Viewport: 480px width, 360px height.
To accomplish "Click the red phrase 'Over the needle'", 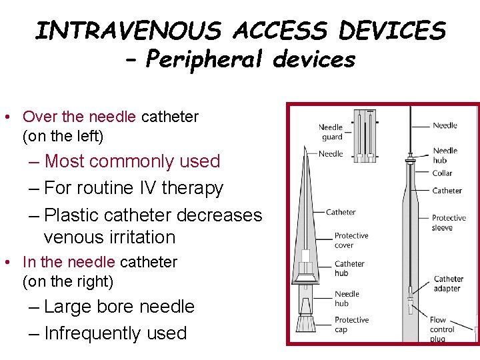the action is (x=79, y=117).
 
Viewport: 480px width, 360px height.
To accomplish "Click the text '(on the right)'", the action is (x=68, y=281).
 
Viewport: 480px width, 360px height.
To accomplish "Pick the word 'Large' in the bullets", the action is (x=71, y=307).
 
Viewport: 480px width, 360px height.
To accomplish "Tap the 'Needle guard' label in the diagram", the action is (x=331, y=132).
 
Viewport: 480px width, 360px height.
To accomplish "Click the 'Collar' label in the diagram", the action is (x=442, y=173).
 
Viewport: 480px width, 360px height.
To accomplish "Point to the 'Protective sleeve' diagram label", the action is (x=449, y=223).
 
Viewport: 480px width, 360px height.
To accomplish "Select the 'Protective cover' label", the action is (x=351, y=240).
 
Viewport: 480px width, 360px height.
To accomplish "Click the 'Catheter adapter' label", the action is (x=448, y=284).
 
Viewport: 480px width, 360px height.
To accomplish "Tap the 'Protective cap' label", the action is (x=351, y=325).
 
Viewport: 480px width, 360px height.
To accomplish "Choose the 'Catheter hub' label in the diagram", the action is (x=349, y=268).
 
